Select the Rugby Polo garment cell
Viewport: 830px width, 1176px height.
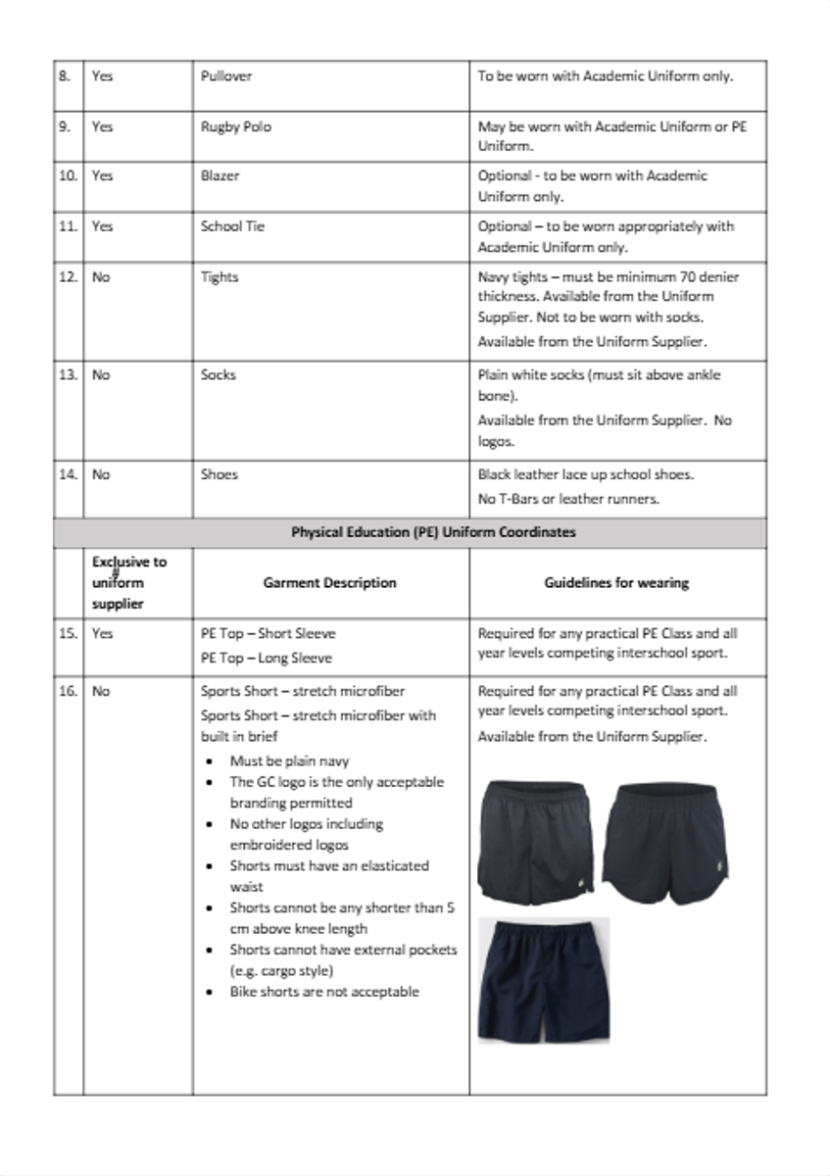click(x=236, y=126)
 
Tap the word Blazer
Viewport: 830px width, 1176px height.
click(x=220, y=175)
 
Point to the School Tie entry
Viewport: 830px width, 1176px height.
click(x=232, y=226)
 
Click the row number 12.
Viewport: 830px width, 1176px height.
click(x=68, y=277)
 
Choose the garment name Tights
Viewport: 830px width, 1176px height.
click(x=220, y=277)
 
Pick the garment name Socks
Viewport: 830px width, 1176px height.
click(x=218, y=374)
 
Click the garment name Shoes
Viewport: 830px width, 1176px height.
click(x=220, y=474)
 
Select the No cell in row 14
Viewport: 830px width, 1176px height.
click(x=101, y=474)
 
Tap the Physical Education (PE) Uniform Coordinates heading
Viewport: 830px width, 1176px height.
click(x=433, y=532)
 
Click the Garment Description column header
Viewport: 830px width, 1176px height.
click(x=329, y=582)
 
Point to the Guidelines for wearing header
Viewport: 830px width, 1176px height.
click(x=616, y=582)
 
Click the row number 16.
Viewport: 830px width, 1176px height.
click(x=68, y=691)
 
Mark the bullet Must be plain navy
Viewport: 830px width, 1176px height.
click(x=289, y=760)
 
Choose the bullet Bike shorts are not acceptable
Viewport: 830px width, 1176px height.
click(x=323, y=992)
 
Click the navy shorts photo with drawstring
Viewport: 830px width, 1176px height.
click(x=543, y=980)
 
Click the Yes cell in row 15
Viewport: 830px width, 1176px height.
click(x=102, y=633)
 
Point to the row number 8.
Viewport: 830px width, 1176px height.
click(x=65, y=75)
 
